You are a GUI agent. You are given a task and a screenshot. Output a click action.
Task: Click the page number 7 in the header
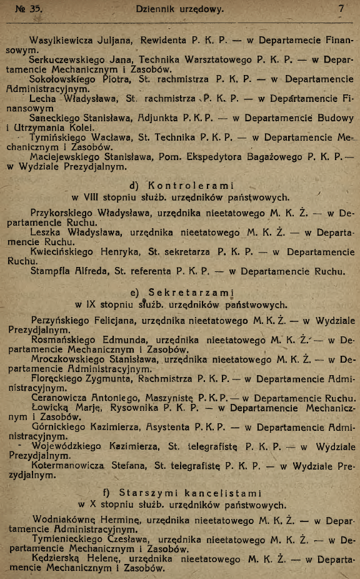[341, 9]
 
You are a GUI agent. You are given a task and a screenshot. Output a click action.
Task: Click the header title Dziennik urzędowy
[180, 9]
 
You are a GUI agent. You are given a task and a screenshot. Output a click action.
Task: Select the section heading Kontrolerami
[190, 185]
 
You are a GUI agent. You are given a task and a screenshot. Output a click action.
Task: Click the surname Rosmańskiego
[64, 340]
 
